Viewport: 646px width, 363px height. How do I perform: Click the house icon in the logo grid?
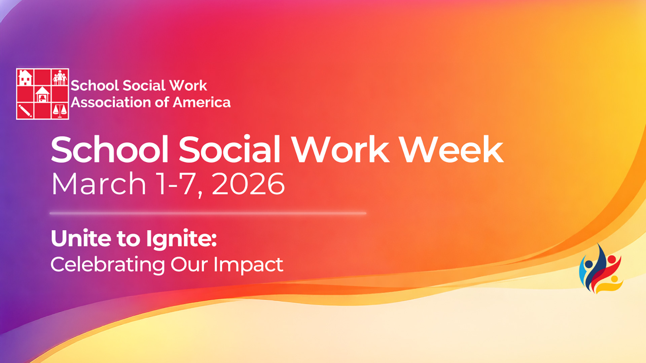pyautogui.click(x=25, y=77)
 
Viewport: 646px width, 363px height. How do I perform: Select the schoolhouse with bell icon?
pyautogui.click(x=42, y=94)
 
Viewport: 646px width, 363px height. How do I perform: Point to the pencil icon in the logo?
pyautogui.click(x=25, y=111)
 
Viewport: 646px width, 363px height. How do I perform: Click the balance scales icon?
pyautogui.click(x=60, y=111)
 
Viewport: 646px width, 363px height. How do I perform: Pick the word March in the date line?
pyautogui.click(x=99, y=184)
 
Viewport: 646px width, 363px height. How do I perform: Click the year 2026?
pyautogui.click(x=248, y=184)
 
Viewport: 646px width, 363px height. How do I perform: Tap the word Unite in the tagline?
pyautogui.click(x=81, y=238)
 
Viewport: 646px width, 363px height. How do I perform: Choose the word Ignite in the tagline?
pyautogui.click(x=181, y=239)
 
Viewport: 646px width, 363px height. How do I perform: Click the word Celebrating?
pyautogui.click(x=108, y=265)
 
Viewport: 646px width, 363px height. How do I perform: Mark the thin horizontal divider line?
pyautogui.click(x=208, y=213)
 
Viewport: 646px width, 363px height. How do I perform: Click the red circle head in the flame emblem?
pyautogui.click(x=611, y=259)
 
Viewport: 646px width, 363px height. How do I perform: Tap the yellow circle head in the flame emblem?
pyautogui.click(x=614, y=279)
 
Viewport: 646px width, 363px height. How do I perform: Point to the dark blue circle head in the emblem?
pyautogui.click(x=589, y=264)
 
